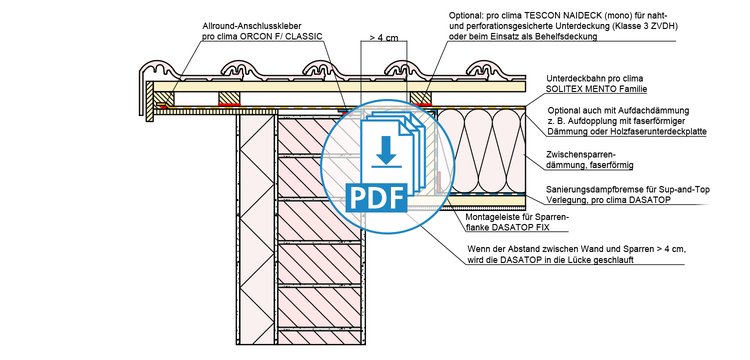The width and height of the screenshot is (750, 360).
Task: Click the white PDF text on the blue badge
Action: (x=376, y=196)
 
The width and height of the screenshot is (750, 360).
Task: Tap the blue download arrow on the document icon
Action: (x=386, y=153)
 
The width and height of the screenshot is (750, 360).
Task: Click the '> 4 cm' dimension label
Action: (x=384, y=38)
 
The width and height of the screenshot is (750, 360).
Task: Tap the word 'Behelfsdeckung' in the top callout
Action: (x=571, y=37)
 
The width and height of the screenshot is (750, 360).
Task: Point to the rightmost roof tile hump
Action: (x=486, y=69)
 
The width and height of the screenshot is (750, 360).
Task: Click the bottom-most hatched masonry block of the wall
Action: (x=319, y=337)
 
